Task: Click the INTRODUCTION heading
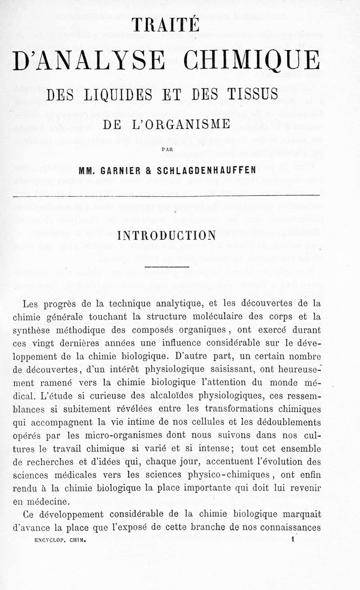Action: click(167, 235)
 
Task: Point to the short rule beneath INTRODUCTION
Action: click(167, 267)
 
